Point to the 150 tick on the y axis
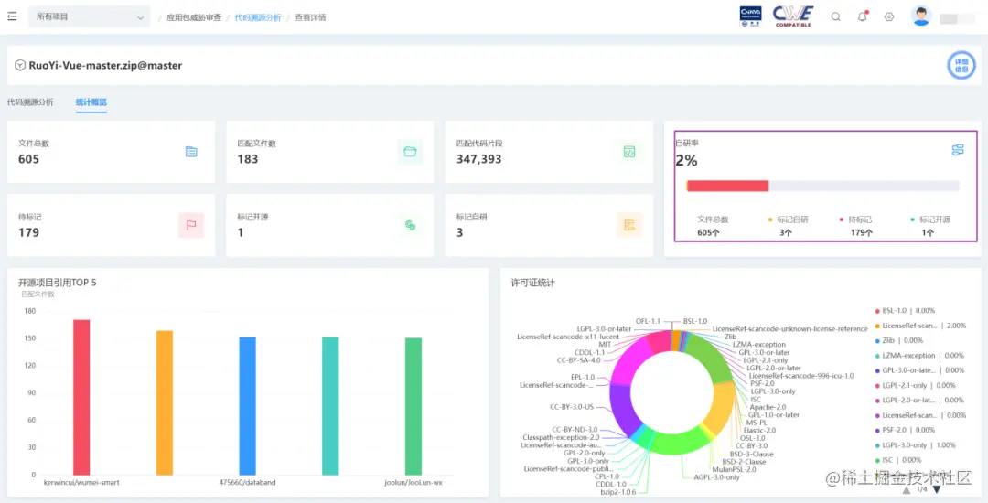[29, 338]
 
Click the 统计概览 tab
[91, 102]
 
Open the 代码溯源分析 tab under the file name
[30, 102]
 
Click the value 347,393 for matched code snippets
[478, 159]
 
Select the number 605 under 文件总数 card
[28, 159]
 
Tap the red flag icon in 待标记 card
[190, 224]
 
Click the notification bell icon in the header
[862, 16]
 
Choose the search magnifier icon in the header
[835, 16]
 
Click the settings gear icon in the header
[889, 16]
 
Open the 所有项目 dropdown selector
[89, 17]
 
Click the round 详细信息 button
[961, 65]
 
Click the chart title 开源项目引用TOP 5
[57, 283]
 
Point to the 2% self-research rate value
[686, 161]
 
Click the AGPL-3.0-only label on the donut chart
[716, 477]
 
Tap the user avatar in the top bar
[921, 16]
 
